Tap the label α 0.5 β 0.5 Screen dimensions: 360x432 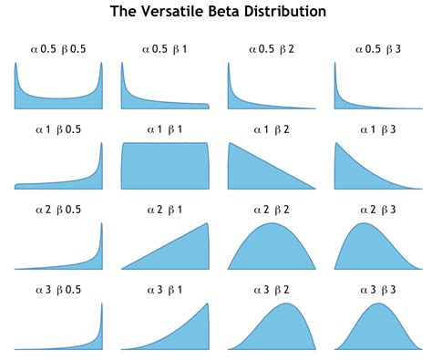pos(58,48)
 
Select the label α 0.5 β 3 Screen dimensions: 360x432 pos(377,48)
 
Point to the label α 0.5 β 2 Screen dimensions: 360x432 pos(272,48)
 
